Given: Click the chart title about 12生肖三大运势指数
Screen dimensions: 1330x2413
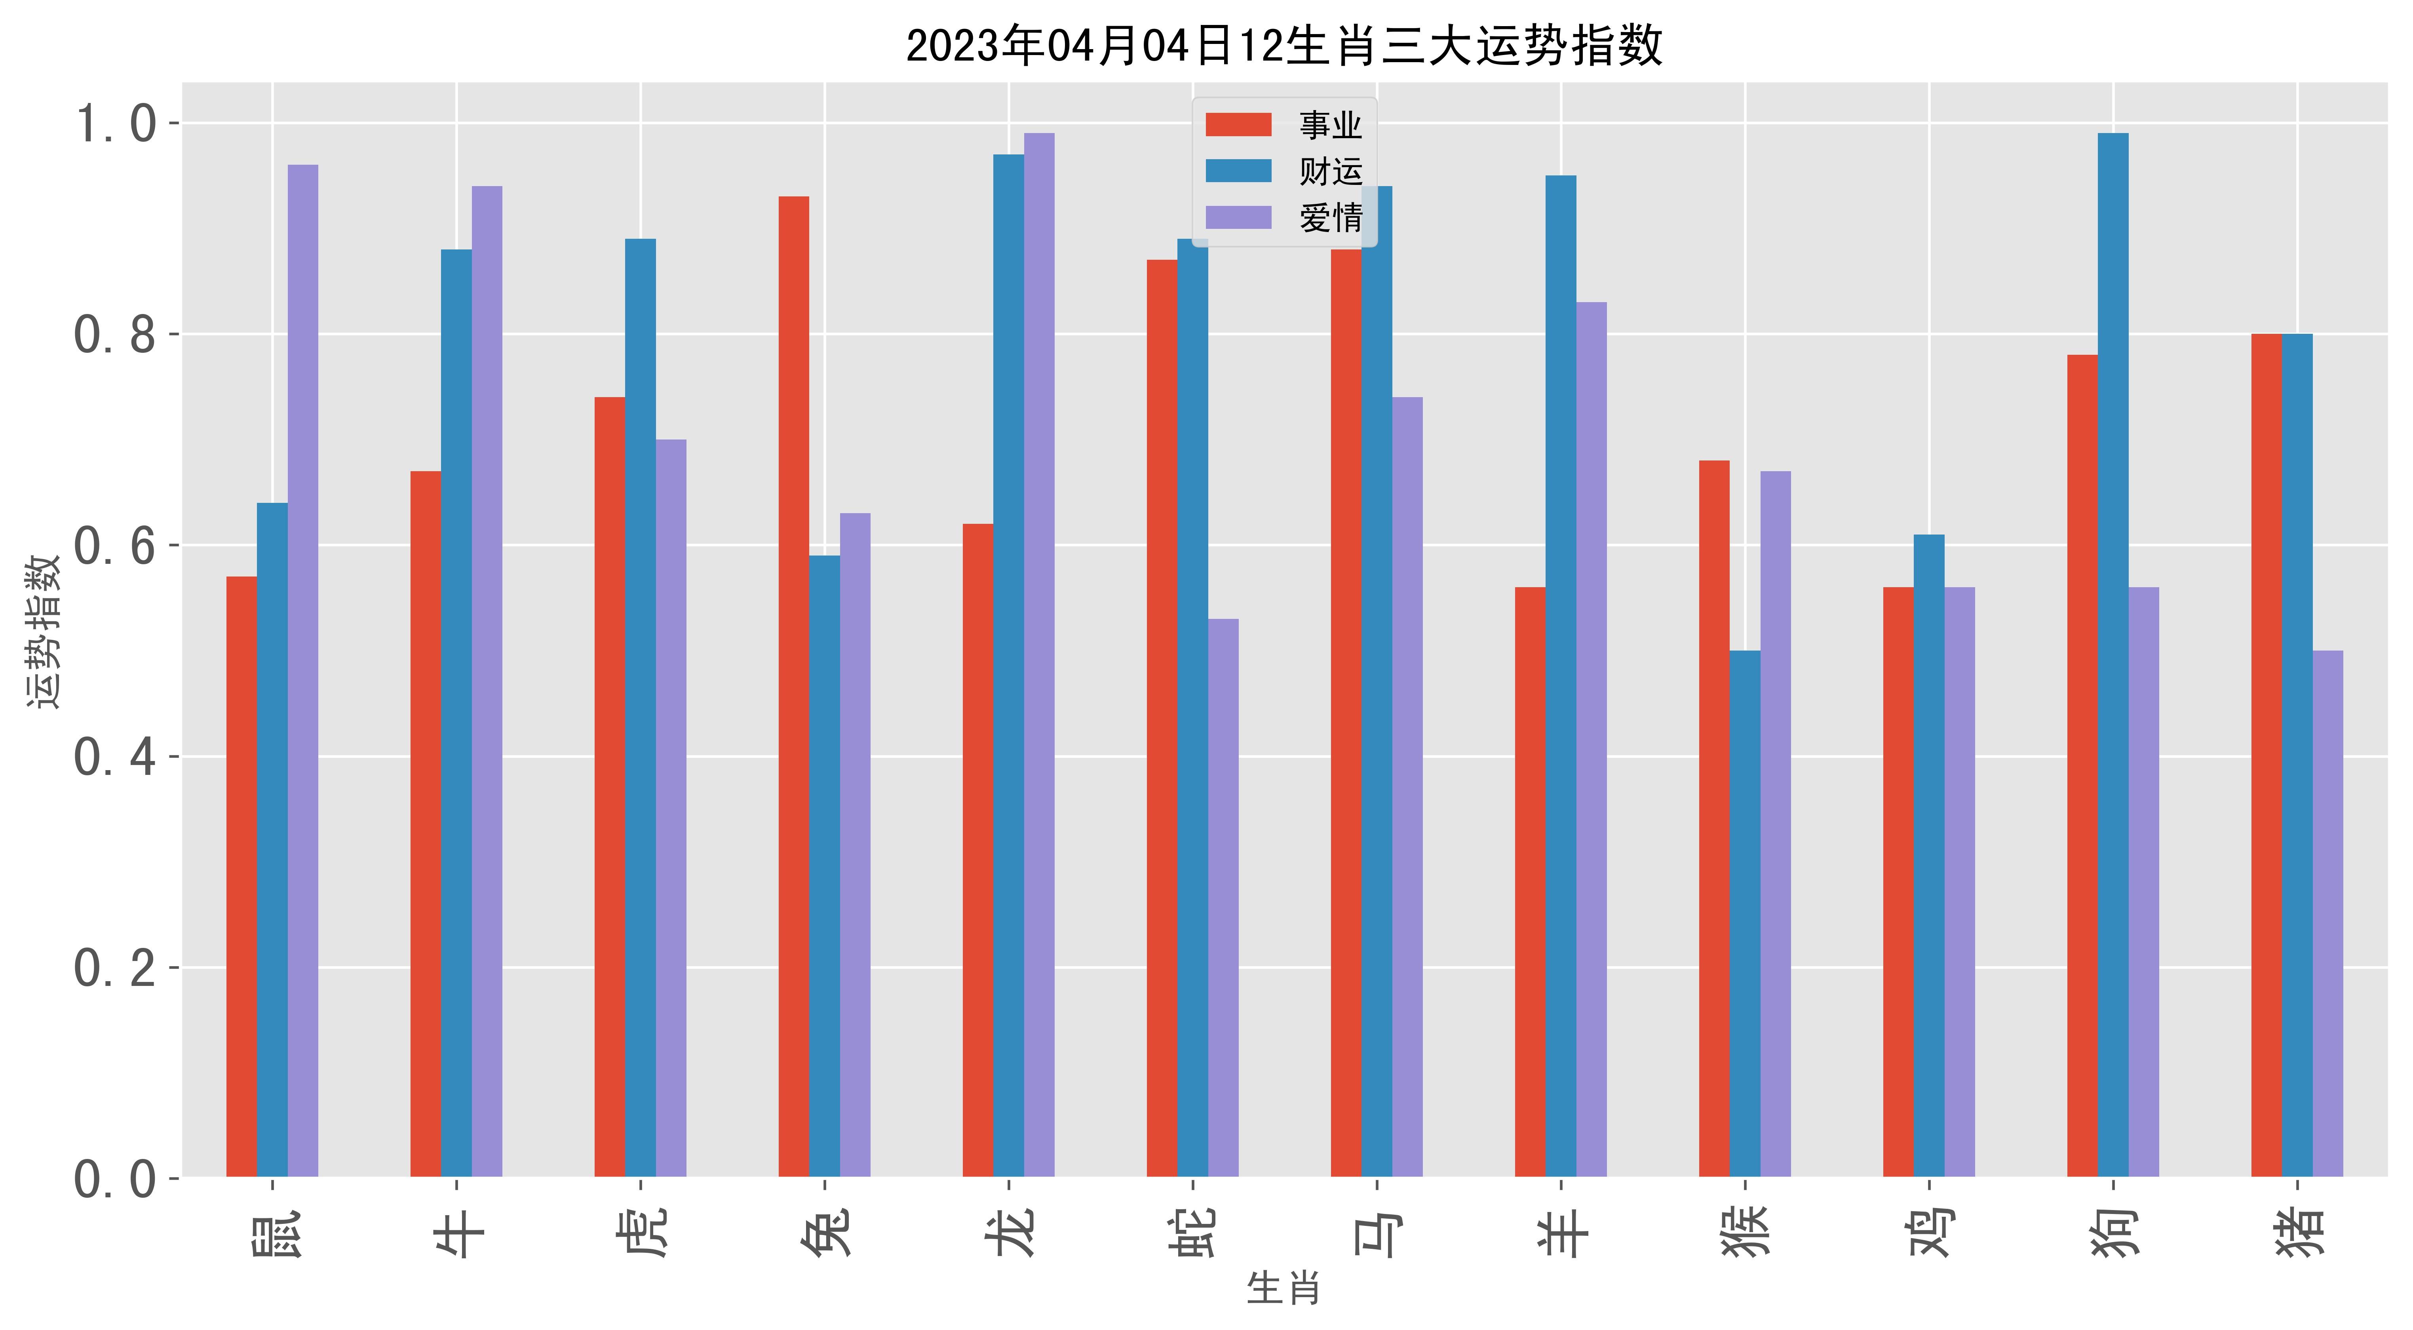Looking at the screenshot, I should (x=1284, y=45).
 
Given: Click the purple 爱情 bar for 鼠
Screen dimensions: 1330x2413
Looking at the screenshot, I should (x=302, y=671).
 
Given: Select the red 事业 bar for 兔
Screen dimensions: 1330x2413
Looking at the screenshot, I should (x=793, y=687).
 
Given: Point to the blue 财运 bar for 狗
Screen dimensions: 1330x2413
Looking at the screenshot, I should (x=2113, y=655).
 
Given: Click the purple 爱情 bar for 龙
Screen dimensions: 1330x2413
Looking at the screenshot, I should (x=1039, y=655).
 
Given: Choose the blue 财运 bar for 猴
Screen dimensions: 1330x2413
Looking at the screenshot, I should (x=1745, y=913).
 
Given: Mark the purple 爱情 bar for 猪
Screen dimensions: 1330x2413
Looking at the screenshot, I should (x=2328, y=913).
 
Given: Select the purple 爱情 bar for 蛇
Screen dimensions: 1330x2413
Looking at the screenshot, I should (x=1223, y=897).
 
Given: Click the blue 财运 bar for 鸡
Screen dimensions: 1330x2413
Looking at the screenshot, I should (x=1929, y=855).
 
